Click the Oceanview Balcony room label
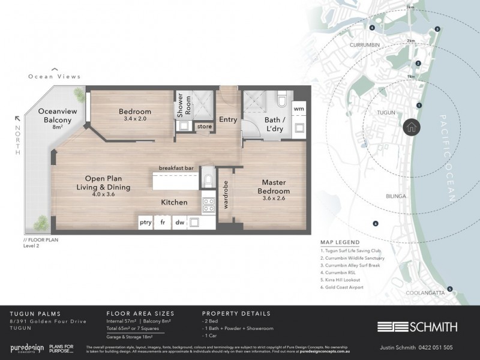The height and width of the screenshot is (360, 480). (55, 116)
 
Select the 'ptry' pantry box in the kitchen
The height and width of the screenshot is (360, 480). (146, 221)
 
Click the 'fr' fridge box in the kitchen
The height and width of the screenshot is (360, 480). (163, 221)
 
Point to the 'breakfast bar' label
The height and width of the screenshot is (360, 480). (176, 169)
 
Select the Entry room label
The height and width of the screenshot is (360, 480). (227, 119)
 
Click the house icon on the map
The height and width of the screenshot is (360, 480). (412, 127)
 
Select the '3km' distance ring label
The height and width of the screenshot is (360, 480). (410, 7)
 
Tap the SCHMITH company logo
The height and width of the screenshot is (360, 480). (417, 327)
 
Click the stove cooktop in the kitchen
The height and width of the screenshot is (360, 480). (209, 205)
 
